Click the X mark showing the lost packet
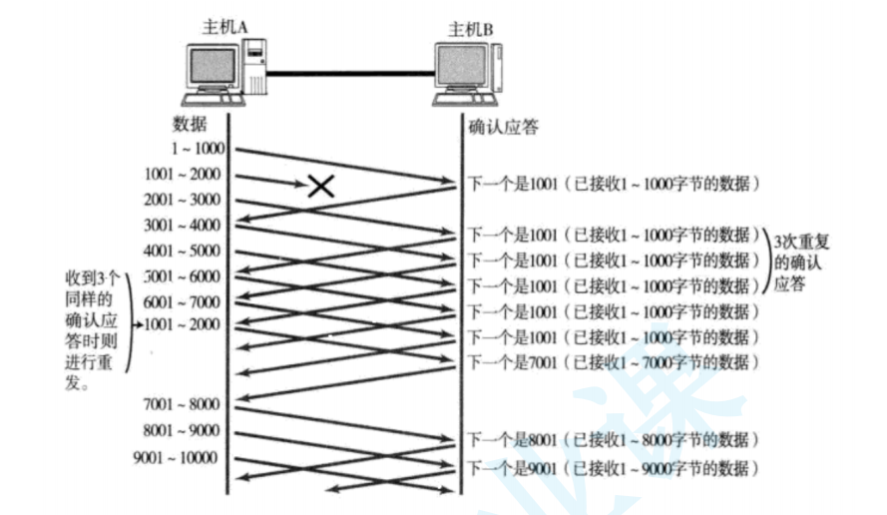[x=319, y=185]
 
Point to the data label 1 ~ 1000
[x=198, y=149]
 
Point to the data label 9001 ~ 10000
[x=176, y=458]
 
